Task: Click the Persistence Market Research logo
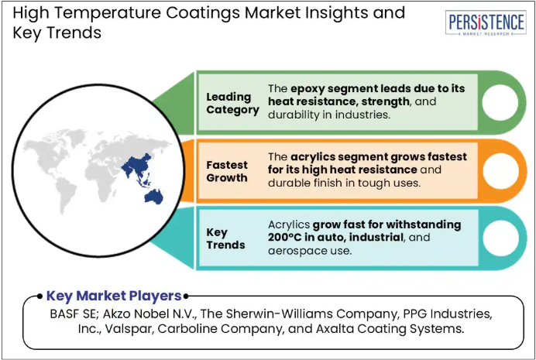pos(486,23)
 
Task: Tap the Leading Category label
pos(233,103)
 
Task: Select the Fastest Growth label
pos(227,171)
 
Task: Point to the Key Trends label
pos(225,238)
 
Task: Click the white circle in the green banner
pos(500,102)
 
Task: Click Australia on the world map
pos(154,197)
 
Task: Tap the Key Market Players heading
pos(114,296)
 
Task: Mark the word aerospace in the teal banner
pos(297,252)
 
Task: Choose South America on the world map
pos(65,194)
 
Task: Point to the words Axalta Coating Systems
pos(390,329)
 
